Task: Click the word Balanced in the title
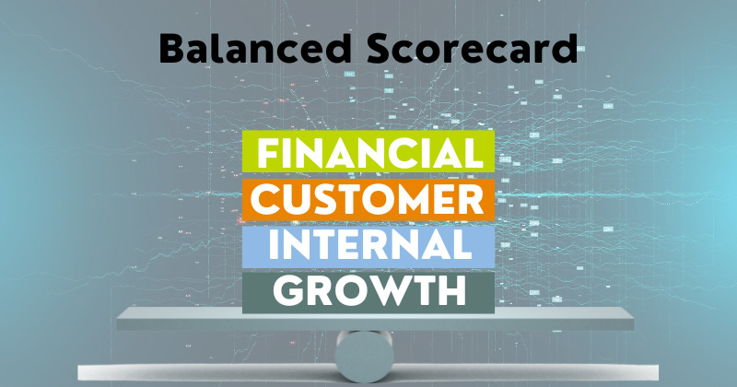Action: click(255, 50)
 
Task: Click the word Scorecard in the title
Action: click(472, 50)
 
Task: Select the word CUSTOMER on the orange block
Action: click(367, 199)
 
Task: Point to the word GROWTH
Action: click(369, 291)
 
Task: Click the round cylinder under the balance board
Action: click(364, 356)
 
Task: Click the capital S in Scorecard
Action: click(380, 50)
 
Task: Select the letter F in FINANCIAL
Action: click(266, 154)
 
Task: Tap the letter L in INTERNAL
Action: click(462, 245)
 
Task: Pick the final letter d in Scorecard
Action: click(565, 49)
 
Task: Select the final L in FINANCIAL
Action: click(474, 154)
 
